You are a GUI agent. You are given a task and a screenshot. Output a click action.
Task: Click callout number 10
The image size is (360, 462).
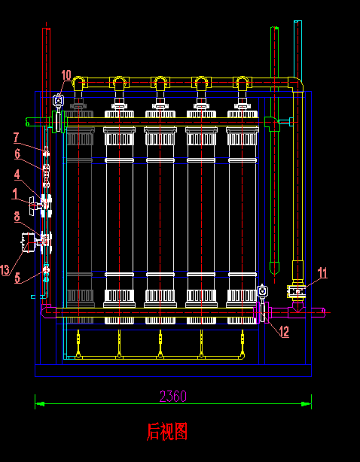coord(66,75)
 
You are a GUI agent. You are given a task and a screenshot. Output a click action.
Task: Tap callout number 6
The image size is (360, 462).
coord(17,153)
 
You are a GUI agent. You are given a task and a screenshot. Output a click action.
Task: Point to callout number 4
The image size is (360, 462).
coord(17,175)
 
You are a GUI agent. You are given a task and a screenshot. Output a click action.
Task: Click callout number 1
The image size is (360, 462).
coord(15,194)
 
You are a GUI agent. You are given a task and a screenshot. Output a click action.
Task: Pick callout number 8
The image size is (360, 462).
coord(17,217)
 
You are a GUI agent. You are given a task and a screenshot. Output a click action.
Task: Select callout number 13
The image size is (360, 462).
coord(5,270)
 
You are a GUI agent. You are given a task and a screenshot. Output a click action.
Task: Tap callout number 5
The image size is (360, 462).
coord(17,278)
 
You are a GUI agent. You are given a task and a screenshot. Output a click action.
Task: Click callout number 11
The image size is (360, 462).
coord(322,273)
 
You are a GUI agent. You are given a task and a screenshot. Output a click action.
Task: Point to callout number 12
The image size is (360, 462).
coord(285,332)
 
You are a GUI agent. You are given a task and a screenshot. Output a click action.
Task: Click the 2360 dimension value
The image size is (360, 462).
coord(173,397)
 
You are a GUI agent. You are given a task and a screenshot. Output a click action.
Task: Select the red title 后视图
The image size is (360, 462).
coord(167,432)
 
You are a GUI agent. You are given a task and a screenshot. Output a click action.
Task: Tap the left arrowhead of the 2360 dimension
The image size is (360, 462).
coord(40,403)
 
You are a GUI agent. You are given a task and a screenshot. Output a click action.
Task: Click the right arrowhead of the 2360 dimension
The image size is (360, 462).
coord(307,403)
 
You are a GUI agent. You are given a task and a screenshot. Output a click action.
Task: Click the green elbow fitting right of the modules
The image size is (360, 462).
coord(272,123)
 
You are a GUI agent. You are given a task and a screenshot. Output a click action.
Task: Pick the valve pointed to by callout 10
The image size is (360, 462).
coord(59,101)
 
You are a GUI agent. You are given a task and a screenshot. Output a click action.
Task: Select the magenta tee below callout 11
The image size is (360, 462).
coord(297,310)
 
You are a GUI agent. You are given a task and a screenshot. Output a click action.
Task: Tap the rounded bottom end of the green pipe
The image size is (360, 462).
coord(274,268)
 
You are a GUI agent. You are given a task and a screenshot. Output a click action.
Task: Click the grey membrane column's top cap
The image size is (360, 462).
coord(79,114)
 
